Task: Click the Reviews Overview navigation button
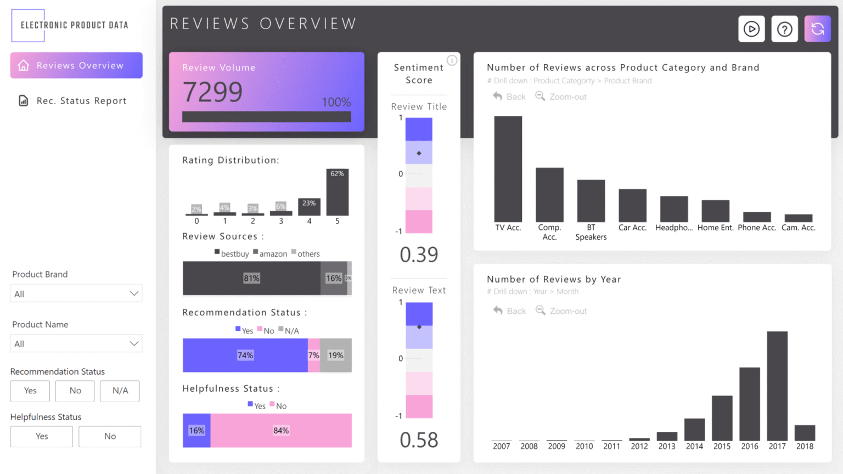coord(76,65)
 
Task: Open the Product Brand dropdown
coord(76,294)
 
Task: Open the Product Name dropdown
coord(76,343)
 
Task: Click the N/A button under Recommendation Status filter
coord(120,391)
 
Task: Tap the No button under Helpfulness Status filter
coord(110,436)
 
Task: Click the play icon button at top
coord(751,29)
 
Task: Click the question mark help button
coord(784,29)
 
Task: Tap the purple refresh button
coord(817,29)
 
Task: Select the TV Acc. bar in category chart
coord(508,169)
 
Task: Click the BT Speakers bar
coord(591,201)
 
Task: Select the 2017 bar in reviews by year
coord(777,386)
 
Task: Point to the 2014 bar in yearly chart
coord(694,430)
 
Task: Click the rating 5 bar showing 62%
coord(337,193)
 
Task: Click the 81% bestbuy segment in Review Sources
coord(251,278)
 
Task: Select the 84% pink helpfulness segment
coord(281,431)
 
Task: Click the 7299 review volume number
coord(212,92)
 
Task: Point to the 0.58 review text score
coord(419,440)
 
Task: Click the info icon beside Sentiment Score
coord(452,60)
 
